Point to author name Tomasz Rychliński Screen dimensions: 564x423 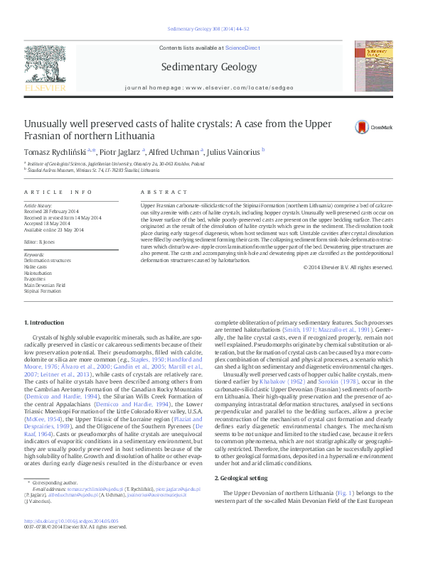[x=55, y=151]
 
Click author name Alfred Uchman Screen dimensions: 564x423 [x=178, y=151]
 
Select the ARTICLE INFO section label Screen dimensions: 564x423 [x=58, y=192]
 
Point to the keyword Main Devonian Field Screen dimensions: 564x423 [x=44, y=285]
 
